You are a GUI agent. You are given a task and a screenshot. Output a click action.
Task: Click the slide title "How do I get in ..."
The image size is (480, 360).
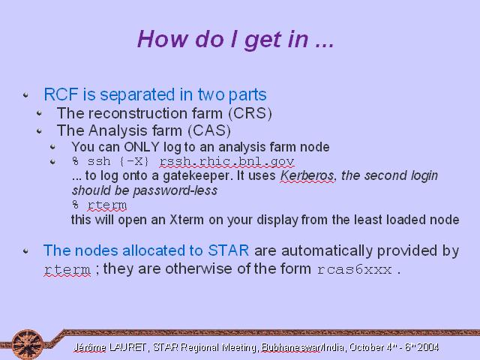(x=235, y=39)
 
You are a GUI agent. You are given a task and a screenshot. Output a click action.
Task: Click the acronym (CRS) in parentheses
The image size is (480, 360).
(x=250, y=113)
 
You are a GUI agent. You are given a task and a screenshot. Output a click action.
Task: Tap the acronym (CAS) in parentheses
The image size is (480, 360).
(x=209, y=130)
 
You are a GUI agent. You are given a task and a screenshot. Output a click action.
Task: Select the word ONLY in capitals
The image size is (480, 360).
(x=142, y=147)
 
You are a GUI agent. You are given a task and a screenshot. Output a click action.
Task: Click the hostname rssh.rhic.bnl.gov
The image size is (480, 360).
(x=226, y=161)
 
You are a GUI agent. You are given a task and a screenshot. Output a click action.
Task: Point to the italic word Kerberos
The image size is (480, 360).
(x=307, y=175)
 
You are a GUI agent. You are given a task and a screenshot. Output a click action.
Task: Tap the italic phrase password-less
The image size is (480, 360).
(x=175, y=190)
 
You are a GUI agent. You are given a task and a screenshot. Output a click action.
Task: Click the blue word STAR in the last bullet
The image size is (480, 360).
(x=228, y=250)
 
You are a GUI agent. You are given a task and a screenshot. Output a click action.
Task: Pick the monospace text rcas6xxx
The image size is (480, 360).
(x=355, y=269)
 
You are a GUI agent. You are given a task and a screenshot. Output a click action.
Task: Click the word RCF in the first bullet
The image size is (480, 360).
(x=61, y=94)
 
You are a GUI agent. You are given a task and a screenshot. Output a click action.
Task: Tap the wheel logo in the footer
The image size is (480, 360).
(x=27, y=344)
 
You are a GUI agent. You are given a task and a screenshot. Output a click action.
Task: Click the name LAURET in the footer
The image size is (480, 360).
(x=127, y=347)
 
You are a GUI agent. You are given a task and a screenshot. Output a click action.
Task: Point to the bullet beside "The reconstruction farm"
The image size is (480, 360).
(x=39, y=114)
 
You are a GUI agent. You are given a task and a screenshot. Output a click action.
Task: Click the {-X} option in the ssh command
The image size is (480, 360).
(x=134, y=161)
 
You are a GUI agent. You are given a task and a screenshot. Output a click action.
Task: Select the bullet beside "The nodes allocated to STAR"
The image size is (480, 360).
(x=26, y=251)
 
